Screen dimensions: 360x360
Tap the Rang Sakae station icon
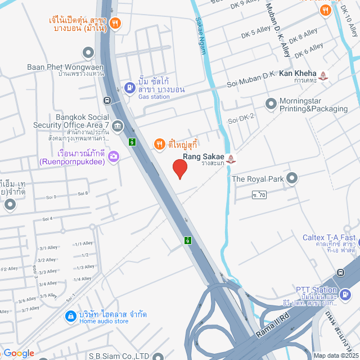click(232, 160)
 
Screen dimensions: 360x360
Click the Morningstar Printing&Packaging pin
click(269, 103)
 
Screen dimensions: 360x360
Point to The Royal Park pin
click(291, 179)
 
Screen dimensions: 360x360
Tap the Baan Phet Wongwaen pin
click(88, 53)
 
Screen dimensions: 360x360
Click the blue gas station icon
click(130, 87)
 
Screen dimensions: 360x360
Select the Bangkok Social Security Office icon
click(117, 125)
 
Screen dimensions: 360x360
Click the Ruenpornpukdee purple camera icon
click(114, 156)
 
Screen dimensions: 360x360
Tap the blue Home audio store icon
click(70, 317)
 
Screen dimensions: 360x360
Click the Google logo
click(19, 353)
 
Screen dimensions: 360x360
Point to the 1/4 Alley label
click(82, 278)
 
